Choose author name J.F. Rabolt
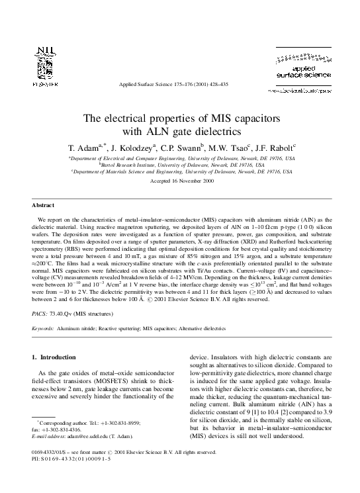(x=278, y=148)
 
